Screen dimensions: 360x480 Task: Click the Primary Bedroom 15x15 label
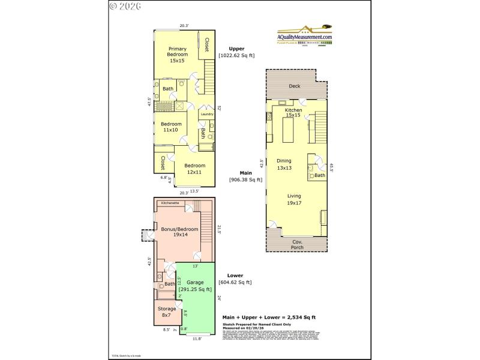click(178, 55)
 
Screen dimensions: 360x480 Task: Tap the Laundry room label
click(207, 114)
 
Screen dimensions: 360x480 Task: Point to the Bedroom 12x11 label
click(194, 169)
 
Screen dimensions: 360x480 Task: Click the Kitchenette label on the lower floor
click(169, 203)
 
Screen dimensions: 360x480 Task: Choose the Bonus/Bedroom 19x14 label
click(173, 232)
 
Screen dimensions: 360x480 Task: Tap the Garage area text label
click(195, 286)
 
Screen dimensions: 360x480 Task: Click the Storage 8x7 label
click(166, 311)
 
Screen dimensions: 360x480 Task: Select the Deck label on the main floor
click(294, 86)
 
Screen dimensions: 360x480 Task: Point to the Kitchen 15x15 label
click(293, 112)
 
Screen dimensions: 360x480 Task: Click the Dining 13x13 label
click(284, 164)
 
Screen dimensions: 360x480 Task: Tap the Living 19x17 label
click(294, 200)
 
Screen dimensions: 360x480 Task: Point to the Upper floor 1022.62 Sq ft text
click(236, 52)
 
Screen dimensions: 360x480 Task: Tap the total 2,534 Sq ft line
click(269, 317)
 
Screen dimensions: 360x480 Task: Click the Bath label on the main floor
click(319, 175)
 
